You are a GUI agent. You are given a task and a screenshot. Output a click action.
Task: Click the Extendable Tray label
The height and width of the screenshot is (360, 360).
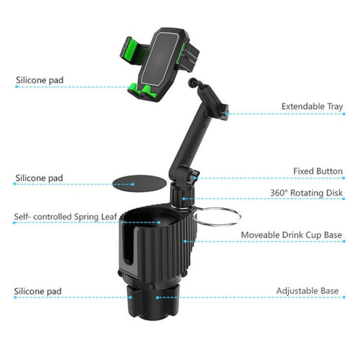(x=311, y=107)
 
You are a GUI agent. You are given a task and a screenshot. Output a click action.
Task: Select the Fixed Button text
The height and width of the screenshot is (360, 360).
(x=317, y=172)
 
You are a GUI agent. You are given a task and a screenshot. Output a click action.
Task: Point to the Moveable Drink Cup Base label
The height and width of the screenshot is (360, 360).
(x=292, y=236)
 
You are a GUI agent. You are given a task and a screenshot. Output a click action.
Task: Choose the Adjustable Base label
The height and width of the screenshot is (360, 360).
(x=307, y=291)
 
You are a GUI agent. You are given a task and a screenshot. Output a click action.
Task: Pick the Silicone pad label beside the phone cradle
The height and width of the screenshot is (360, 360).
(x=39, y=81)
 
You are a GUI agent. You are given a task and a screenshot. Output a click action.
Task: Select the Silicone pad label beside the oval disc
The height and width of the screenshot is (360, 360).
(x=38, y=178)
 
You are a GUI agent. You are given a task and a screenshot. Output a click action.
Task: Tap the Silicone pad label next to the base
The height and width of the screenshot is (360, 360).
(x=38, y=292)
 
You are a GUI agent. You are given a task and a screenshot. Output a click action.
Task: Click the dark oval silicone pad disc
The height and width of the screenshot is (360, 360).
(x=131, y=182)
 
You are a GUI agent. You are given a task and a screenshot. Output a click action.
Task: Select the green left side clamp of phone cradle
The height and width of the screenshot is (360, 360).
(x=131, y=50)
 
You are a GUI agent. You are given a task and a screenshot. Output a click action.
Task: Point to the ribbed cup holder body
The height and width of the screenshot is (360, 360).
(x=177, y=243)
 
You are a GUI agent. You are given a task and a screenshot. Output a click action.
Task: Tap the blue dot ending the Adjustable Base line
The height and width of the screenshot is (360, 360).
(x=157, y=297)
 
